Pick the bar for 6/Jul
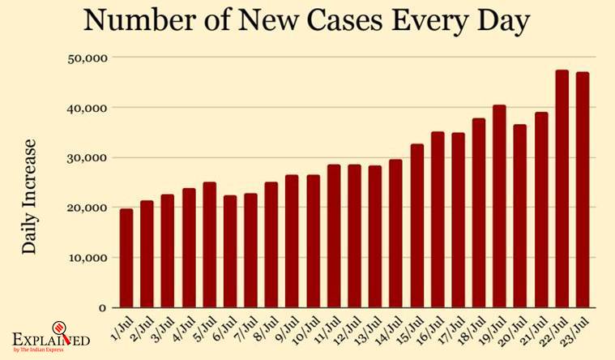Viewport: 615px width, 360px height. (x=230, y=251)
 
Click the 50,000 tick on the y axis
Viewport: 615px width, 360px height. (x=88, y=58)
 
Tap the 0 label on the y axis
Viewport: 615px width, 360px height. (x=103, y=308)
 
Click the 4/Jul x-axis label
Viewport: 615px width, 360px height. (x=186, y=329)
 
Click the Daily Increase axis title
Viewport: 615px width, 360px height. (x=30, y=196)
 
